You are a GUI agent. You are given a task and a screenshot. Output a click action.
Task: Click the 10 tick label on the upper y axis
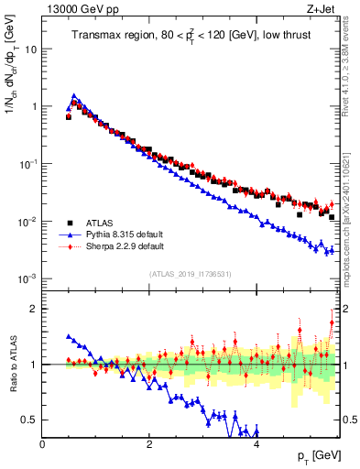(30, 49)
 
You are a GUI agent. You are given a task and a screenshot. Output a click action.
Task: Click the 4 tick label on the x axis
(256, 445)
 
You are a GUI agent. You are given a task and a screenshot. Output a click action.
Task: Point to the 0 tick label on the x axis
(43, 445)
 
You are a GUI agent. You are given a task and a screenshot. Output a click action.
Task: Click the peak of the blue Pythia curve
(74, 94)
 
